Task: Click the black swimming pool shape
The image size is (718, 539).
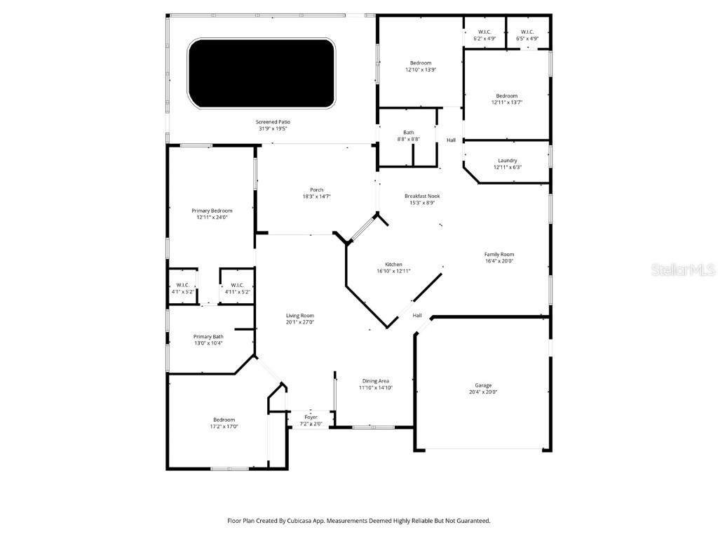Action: point(262,73)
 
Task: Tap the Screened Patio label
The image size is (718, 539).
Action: point(273,121)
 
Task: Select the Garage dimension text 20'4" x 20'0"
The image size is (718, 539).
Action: point(483,392)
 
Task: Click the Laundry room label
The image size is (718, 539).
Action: point(507,161)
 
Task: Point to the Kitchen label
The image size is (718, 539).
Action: point(393,265)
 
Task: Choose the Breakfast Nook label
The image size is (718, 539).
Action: point(422,196)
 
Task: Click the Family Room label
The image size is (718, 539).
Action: point(499,254)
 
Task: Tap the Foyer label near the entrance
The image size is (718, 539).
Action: point(311,417)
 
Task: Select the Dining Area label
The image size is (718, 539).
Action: point(376,381)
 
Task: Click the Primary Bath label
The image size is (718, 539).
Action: point(208,337)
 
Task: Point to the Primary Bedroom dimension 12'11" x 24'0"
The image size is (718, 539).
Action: point(212,218)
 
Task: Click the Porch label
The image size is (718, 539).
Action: point(317,189)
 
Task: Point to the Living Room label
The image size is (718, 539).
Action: point(299,316)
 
